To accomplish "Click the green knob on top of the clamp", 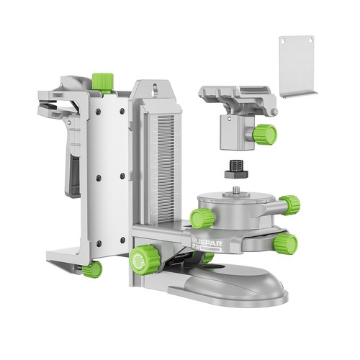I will tap(104, 80).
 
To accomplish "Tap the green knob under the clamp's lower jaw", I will tap(92, 269).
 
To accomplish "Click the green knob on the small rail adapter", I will tap(266, 134).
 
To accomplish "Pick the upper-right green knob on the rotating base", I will tap(289, 204).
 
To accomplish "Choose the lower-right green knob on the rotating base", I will tap(286, 243).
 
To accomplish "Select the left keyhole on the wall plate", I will tap(287, 45).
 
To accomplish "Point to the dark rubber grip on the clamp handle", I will tap(73, 176).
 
